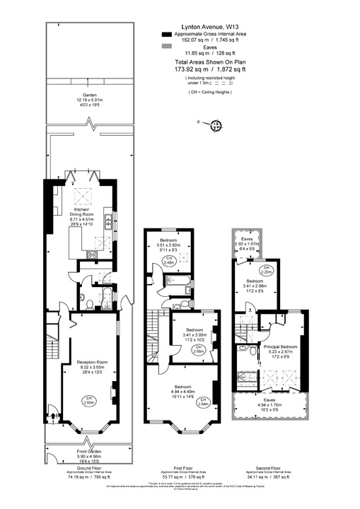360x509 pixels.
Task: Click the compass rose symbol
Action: pos(217,127)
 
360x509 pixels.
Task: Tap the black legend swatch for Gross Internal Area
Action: pos(166,34)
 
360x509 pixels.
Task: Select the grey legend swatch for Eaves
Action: pos(166,46)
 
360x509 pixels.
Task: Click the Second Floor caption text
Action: pos(272,468)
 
